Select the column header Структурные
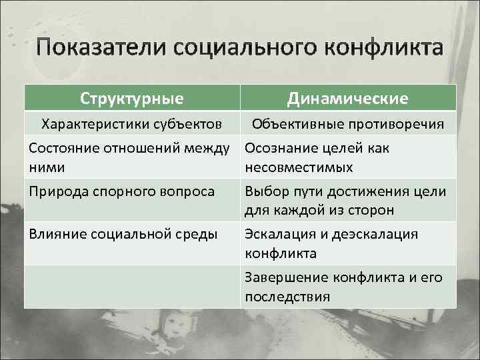(x=132, y=99)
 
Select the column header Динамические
(x=347, y=99)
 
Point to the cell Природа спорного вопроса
(x=122, y=191)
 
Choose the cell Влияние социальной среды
(x=123, y=234)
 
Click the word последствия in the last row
(x=287, y=297)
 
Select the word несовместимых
(x=299, y=167)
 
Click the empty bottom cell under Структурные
(x=132, y=286)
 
